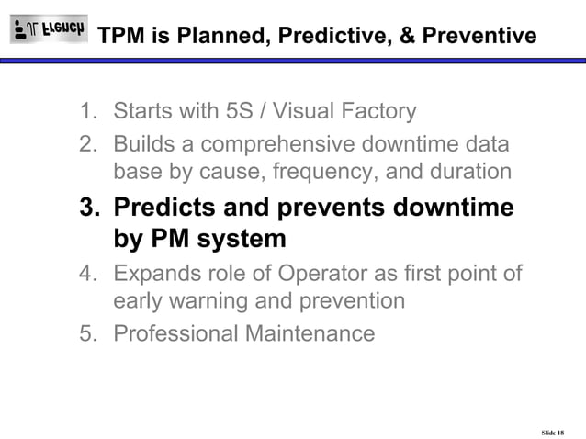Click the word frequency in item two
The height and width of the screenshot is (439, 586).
click(311, 172)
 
